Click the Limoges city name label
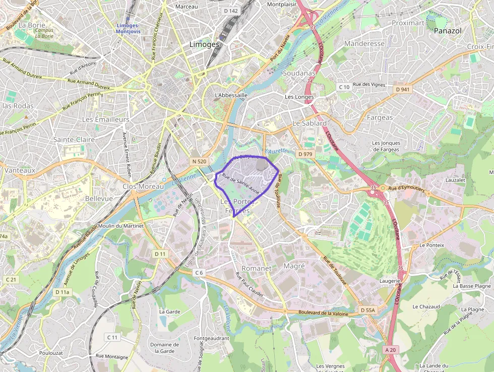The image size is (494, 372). pyautogui.click(x=204, y=44)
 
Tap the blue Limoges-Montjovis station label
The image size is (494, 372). pyautogui.click(x=129, y=28)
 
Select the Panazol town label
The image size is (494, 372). pyautogui.click(x=447, y=31)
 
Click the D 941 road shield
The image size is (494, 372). pyautogui.click(x=403, y=89)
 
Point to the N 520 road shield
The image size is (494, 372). pyautogui.click(x=200, y=161)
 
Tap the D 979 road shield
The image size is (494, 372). pyautogui.click(x=305, y=153)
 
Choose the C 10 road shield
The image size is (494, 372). pyautogui.click(x=344, y=87)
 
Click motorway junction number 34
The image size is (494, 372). pyautogui.click(x=310, y=80)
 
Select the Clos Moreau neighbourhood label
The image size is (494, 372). pyautogui.click(x=143, y=186)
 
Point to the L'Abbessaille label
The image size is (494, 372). pyautogui.click(x=231, y=95)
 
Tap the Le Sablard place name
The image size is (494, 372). pyautogui.click(x=310, y=123)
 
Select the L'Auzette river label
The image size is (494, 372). pyautogui.click(x=275, y=151)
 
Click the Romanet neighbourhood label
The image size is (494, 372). pyautogui.click(x=257, y=268)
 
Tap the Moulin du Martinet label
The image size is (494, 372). pyautogui.click(x=121, y=226)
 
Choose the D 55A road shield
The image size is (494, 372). pyautogui.click(x=369, y=309)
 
